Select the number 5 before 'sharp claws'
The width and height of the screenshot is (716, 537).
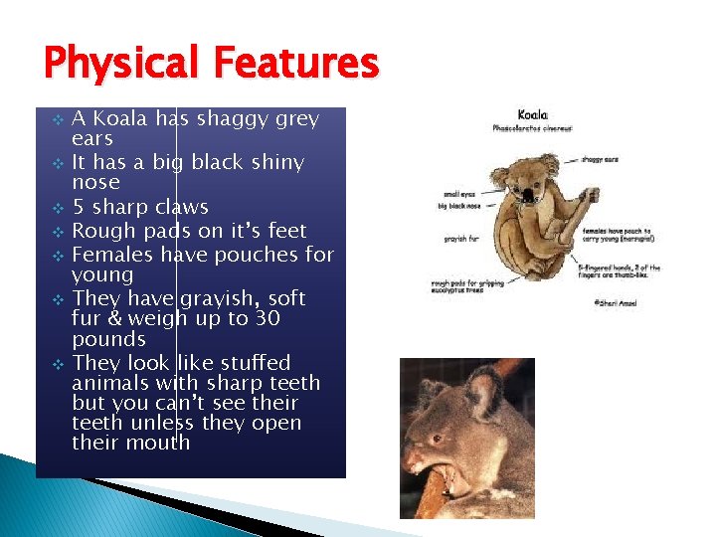pos(80,207)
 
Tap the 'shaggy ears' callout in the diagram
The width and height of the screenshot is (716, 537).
pos(600,157)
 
